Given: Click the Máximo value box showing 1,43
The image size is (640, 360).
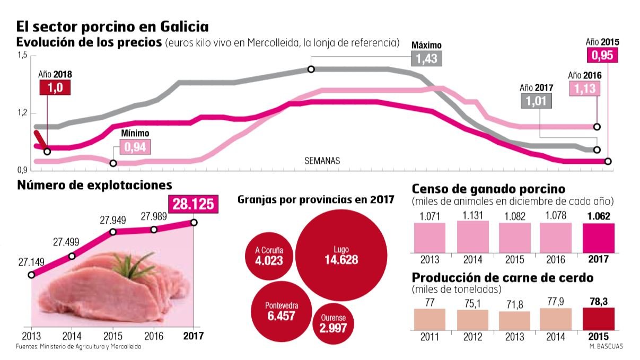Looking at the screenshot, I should [426, 59].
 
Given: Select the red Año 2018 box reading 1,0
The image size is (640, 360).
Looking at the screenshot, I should [55, 88].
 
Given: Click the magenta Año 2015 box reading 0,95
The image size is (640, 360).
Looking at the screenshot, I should [602, 55].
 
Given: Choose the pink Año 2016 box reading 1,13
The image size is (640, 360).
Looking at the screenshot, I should [585, 89].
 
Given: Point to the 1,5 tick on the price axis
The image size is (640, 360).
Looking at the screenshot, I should [22, 55].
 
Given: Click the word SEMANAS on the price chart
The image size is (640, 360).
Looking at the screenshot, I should [322, 161].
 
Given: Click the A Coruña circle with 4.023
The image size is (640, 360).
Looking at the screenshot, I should [268, 256].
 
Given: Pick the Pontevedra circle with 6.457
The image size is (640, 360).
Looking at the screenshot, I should [281, 311].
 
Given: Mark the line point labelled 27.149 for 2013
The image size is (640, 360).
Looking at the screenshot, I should [31, 275].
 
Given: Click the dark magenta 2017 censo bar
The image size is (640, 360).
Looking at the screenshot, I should [599, 238].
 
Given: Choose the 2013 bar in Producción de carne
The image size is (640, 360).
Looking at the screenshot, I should [514, 321].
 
